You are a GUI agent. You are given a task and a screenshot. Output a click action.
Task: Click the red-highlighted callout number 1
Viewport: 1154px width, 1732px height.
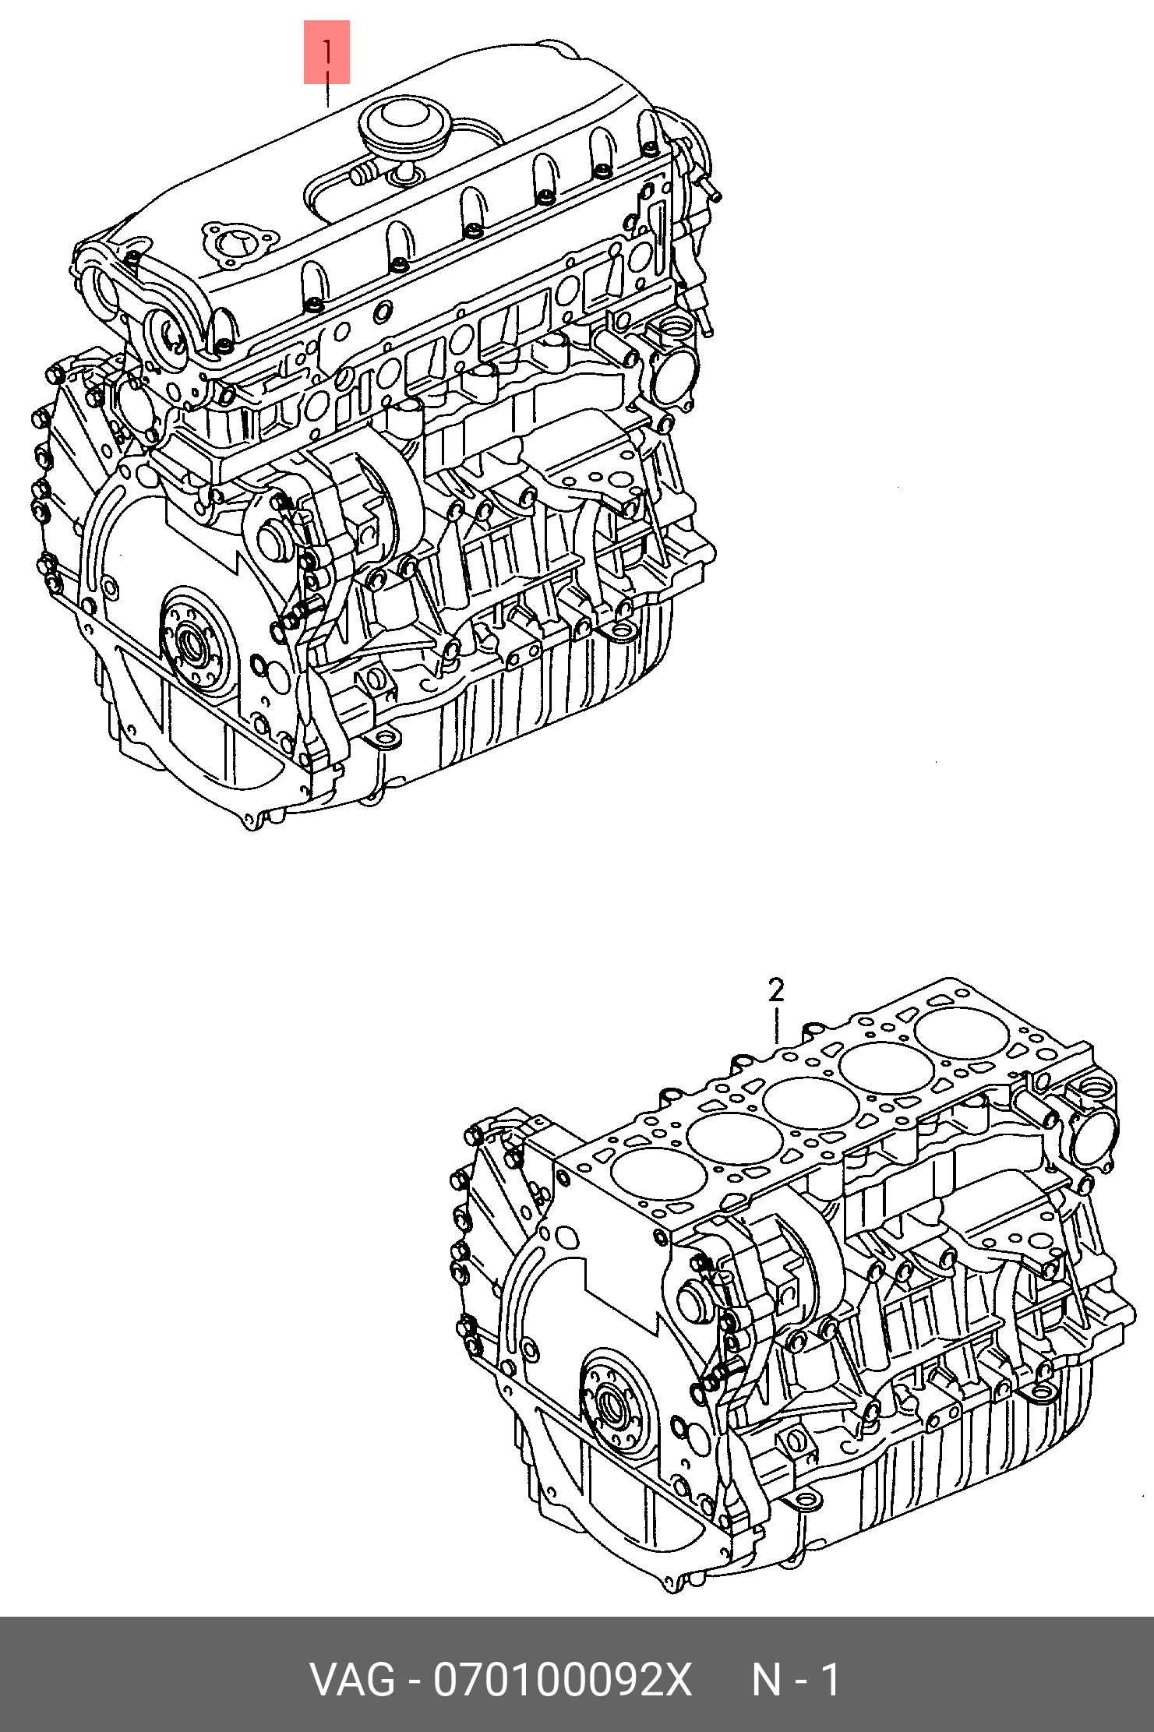pyautogui.click(x=327, y=52)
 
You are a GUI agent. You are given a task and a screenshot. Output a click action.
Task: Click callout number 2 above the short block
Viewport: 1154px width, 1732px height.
pyautogui.click(x=776, y=990)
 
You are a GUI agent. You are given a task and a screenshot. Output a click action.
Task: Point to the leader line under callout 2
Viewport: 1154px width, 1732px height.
pyautogui.click(x=776, y=1025)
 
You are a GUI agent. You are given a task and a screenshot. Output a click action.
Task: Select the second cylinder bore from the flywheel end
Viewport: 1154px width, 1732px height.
pyautogui.click(x=725, y=1138)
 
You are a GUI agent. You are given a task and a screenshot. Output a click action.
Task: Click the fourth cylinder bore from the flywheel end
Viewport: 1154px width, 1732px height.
pyautogui.click(x=877, y=1068)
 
